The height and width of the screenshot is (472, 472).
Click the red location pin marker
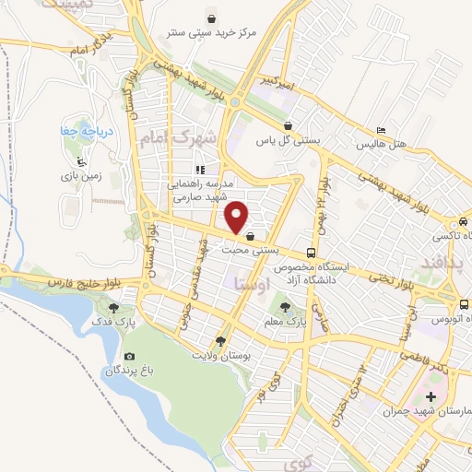(x=238, y=216)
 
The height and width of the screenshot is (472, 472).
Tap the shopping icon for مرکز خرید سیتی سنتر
(x=212, y=18)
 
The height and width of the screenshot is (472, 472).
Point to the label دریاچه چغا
(x=87, y=130)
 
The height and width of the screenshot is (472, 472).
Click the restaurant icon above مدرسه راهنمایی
(x=199, y=170)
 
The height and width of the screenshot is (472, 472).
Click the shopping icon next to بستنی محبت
(x=251, y=236)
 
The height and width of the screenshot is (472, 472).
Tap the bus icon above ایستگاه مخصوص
(x=313, y=252)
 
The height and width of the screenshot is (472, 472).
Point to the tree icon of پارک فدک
(x=113, y=309)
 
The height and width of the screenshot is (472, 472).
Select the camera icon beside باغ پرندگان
(x=129, y=357)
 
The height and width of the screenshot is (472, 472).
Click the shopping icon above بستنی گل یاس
(x=289, y=126)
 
